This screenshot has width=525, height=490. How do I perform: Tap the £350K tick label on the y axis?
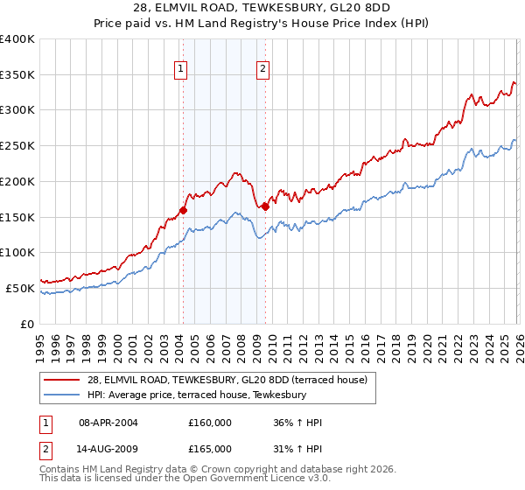[17, 75]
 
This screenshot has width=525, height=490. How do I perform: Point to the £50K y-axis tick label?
[20, 288]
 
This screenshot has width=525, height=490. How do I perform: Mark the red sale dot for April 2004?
[183, 210]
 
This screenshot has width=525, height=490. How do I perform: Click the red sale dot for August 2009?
[265, 206]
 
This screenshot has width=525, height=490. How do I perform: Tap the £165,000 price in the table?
[209, 449]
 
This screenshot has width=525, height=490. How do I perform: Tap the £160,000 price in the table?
[209, 423]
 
